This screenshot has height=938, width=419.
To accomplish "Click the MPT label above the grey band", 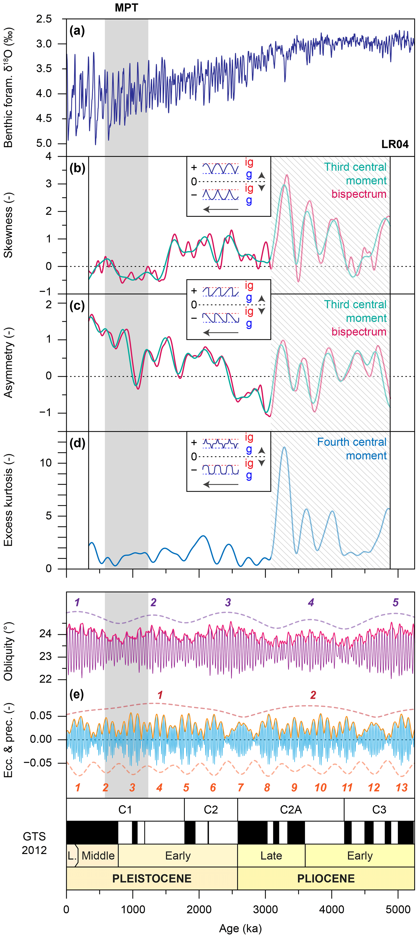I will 126,8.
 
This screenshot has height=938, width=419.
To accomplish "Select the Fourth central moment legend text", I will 352,449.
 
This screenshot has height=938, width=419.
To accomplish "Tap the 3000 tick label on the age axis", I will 265,909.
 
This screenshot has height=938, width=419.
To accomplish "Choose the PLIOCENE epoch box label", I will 326,878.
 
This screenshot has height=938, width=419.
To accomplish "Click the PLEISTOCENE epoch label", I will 152,878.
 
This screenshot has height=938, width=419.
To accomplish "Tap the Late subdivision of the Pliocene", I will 271,855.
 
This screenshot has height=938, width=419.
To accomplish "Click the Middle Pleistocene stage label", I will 98,855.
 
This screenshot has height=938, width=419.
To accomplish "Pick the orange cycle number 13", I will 402,788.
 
